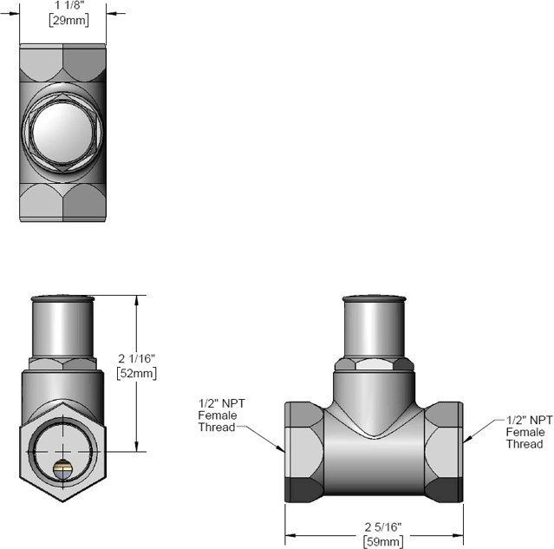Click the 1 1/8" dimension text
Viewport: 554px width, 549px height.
pos(63,4)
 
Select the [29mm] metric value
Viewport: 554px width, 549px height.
pos(63,21)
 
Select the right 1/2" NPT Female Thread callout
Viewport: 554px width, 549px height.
pos(525,431)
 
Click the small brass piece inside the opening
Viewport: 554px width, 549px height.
pos(63,469)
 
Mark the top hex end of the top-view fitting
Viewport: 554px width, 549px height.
pos(63,61)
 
